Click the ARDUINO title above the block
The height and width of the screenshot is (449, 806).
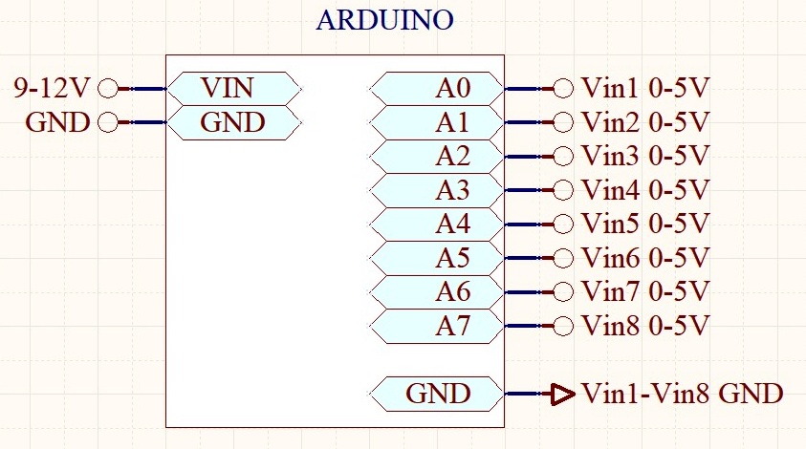coord(384,20)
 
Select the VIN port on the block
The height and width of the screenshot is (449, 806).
coord(234,88)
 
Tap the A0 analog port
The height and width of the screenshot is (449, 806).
coord(436,88)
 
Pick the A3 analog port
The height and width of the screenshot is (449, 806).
coord(436,190)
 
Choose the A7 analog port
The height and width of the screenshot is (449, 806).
coord(436,326)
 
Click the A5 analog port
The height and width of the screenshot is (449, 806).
coord(436,258)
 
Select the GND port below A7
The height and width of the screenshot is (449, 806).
coord(436,394)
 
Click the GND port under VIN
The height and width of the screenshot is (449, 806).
coord(234,122)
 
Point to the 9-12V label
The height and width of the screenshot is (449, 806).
coord(52,88)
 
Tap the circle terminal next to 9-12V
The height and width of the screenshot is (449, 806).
coord(108,88)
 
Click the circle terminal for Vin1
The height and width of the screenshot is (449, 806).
coord(563,88)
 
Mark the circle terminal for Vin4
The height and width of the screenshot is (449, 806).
coord(563,190)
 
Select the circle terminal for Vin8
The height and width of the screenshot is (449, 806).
coord(563,326)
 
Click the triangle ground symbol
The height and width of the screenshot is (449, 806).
coord(562,394)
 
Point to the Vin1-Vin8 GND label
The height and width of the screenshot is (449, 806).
coord(683,394)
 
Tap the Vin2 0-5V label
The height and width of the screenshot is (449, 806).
coord(645,122)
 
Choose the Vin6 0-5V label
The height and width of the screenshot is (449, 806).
coord(645,258)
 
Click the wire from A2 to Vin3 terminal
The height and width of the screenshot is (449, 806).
coord(529,156)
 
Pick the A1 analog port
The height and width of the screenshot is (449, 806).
coord(436,122)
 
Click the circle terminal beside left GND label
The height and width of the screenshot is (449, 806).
coord(108,122)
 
